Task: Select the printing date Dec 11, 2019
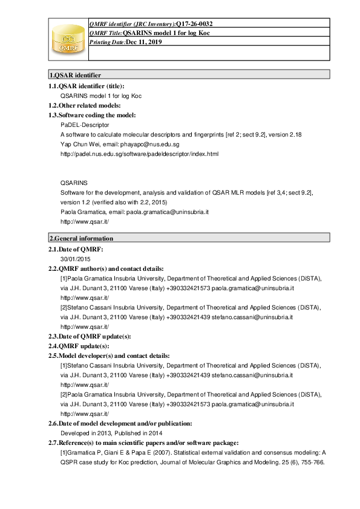144,42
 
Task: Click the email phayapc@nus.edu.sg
149,144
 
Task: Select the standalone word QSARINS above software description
74,182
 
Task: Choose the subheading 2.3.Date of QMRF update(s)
90,336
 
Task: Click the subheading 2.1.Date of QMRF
76,249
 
